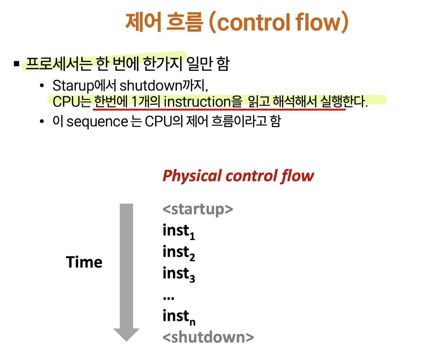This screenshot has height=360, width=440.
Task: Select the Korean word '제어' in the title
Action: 143,22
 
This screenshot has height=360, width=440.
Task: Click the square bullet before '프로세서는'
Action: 17,64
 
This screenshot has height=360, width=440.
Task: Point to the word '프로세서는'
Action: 59,64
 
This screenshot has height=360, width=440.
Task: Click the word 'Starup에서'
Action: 84,86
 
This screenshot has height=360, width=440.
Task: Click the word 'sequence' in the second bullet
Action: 97,122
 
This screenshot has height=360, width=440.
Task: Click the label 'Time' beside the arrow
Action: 84,262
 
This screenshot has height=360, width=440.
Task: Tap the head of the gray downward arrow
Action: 127,334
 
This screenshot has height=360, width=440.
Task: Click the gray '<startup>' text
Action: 198,209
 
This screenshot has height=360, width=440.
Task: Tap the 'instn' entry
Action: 179,317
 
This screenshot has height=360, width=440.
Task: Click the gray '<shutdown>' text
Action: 208,337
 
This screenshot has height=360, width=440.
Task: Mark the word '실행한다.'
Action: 344,101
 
